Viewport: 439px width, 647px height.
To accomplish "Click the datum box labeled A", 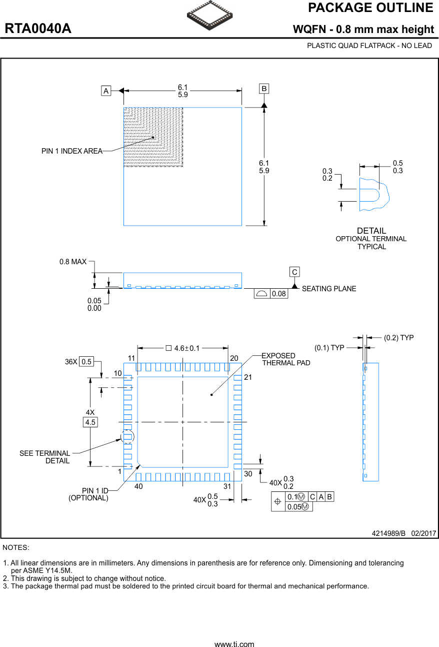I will pos(106,91).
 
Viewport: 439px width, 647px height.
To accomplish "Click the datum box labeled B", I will pos(264,89).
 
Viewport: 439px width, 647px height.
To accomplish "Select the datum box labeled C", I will pos(294,272).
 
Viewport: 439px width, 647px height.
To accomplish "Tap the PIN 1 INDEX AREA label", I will pos(72,151).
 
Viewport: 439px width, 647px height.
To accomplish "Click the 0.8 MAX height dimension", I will pos(73,262).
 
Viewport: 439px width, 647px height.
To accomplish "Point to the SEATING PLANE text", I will pos(329,289).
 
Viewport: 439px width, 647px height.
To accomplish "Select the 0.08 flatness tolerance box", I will pos(278,294).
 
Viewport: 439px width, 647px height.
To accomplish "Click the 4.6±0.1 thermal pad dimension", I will pos(183,348).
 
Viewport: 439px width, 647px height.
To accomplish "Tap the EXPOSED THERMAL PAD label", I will pos(285,359).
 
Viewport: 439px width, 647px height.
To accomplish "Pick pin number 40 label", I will pos(138,486).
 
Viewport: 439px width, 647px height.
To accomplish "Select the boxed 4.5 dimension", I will pos(90,422).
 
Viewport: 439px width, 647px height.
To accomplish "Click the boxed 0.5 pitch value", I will pos(87,362).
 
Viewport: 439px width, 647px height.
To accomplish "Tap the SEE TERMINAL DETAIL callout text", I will pos(45,457).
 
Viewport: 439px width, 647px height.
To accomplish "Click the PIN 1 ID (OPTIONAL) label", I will pos(88,494).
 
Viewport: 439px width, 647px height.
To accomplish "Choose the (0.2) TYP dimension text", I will pos(398,338).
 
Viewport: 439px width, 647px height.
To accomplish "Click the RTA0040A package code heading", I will pos(38,29).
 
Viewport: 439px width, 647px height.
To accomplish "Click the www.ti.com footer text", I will pos(234,644).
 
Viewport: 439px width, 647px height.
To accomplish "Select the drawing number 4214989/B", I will pos(388,533).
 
